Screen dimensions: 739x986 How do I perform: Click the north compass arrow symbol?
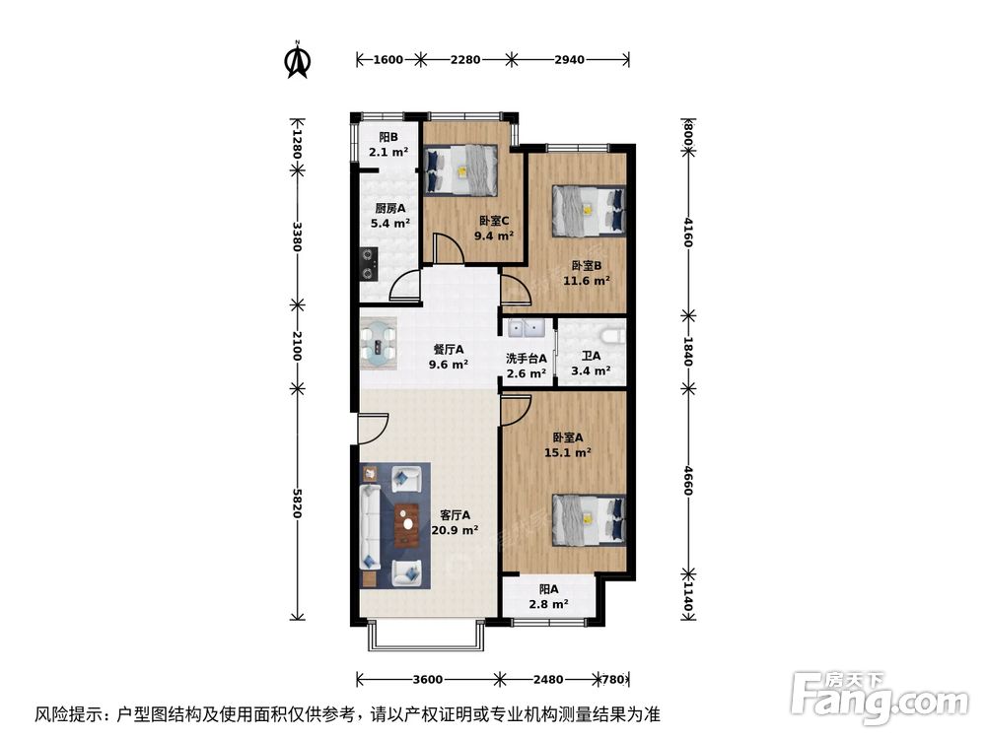tap(297, 60)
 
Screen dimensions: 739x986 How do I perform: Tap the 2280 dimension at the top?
tap(465, 60)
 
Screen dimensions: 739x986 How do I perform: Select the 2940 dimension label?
tap(570, 60)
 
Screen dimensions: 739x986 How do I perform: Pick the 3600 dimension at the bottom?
tap(427, 679)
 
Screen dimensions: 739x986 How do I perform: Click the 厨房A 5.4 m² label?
tap(389, 216)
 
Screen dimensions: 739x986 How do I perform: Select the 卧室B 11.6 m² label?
tap(590, 272)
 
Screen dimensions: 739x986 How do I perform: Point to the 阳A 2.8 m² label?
tap(550, 596)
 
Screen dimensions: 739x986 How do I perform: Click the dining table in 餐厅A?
tap(380, 341)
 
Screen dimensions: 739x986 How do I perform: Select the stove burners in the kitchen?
tap(369, 261)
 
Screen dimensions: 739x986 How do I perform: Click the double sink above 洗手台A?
tap(524, 328)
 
